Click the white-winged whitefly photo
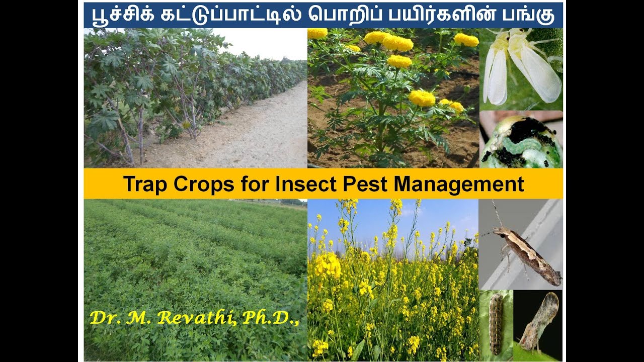521,68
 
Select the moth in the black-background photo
539,322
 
